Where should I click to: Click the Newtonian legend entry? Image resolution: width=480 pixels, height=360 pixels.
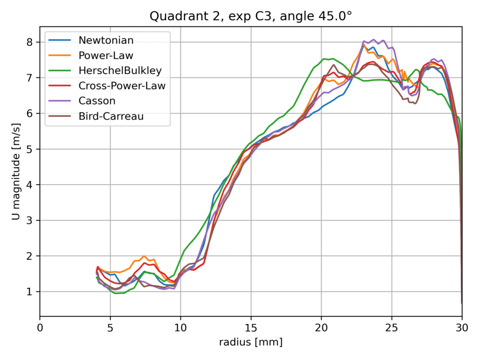[x=106, y=40]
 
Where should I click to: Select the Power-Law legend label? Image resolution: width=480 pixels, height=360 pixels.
[x=106, y=55]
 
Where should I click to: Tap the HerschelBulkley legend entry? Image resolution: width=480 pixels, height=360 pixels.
[x=120, y=71]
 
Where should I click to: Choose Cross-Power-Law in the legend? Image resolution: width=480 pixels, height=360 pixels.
[x=122, y=86]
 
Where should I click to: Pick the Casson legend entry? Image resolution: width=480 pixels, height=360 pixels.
[x=97, y=101]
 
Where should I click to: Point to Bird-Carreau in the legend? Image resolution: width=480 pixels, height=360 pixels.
[x=111, y=116]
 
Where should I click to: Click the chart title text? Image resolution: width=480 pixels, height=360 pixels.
[x=251, y=17]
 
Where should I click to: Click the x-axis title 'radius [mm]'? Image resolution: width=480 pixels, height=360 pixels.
[x=251, y=343]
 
